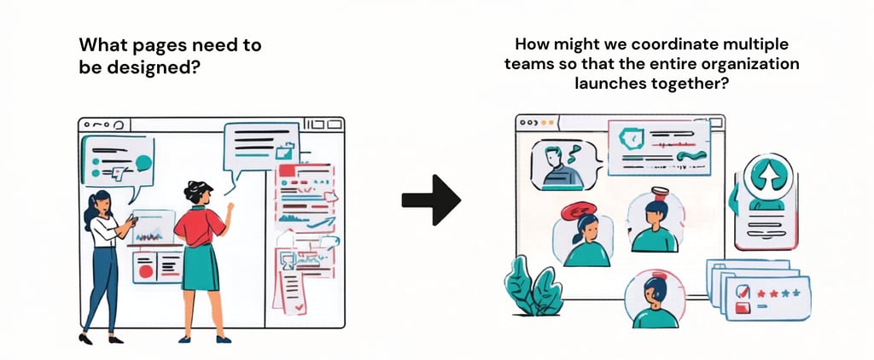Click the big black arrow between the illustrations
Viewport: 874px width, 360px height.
431,200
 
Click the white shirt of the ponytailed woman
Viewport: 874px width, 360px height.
104,230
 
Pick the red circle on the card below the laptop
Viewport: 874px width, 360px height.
145,271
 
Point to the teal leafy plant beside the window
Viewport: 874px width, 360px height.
533,287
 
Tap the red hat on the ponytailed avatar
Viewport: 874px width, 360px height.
580,208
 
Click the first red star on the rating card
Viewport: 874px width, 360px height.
760,293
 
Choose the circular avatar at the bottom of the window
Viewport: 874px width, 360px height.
655,299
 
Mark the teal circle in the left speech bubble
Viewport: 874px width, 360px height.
143,162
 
